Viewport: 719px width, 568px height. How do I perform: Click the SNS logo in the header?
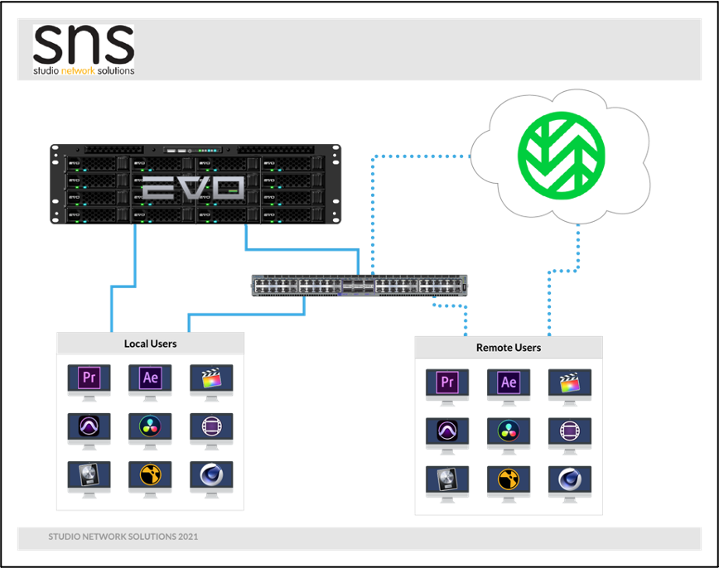pyautogui.click(x=84, y=50)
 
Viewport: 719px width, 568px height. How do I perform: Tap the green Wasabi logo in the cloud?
pyautogui.click(x=562, y=155)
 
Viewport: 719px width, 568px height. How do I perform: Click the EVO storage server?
pyautogui.click(x=195, y=185)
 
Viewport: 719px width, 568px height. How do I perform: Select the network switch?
pyautogui.click(x=359, y=286)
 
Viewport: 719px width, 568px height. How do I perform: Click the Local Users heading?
pyautogui.click(x=151, y=344)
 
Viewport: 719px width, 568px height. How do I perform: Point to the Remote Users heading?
pyautogui.click(x=509, y=348)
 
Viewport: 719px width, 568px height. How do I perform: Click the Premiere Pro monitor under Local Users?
pyautogui.click(x=89, y=383)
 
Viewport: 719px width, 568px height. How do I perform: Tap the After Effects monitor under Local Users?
pyautogui.click(x=150, y=383)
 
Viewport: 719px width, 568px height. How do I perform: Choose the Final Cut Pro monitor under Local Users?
pyautogui.click(x=211, y=383)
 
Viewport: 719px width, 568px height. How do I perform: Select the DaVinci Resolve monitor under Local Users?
pyautogui.click(x=150, y=431)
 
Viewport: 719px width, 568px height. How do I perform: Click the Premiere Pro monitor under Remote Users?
pyautogui.click(x=447, y=387)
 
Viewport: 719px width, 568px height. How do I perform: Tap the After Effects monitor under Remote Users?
pyautogui.click(x=509, y=387)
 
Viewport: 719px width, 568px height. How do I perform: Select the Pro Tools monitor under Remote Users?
pyautogui.click(x=447, y=436)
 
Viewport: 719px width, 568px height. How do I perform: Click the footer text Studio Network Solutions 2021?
pyautogui.click(x=123, y=537)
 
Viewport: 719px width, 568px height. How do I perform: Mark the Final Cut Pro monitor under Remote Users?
pyautogui.click(x=570, y=387)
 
